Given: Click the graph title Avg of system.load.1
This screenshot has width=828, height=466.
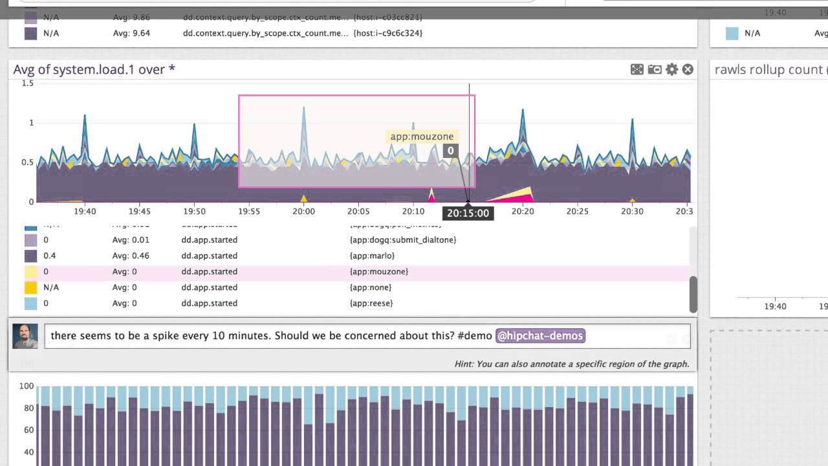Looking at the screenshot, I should (94, 69).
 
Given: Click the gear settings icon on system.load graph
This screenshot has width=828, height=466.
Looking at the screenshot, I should (672, 69).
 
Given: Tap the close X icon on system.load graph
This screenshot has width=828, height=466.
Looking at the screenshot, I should (688, 69).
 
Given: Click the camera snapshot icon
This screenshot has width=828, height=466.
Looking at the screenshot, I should (655, 69).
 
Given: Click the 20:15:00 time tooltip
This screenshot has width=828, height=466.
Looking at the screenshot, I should (468, 213).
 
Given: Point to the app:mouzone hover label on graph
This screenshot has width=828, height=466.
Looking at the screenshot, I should (422, 137).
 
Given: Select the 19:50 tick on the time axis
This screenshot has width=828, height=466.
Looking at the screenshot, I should (194, 211).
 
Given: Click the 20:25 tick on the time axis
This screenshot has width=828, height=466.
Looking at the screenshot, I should (577, 211).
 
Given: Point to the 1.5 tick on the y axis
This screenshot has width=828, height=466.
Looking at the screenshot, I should (27, 83).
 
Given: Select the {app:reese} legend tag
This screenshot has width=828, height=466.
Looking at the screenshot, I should (371, 303).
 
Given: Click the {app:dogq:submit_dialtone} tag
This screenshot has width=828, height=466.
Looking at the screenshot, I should (402, 239).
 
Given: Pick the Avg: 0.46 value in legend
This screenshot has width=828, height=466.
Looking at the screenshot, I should (131, 256).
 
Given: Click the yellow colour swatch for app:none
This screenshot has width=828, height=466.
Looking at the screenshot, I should (30, 287).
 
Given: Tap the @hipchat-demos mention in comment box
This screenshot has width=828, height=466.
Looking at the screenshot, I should (540, 335).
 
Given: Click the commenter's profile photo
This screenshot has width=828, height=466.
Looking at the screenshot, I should (25, 336).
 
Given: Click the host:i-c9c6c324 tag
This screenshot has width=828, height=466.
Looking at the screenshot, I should (388, 33).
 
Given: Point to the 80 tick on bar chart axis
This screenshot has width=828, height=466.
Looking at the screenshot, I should (27, 408).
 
